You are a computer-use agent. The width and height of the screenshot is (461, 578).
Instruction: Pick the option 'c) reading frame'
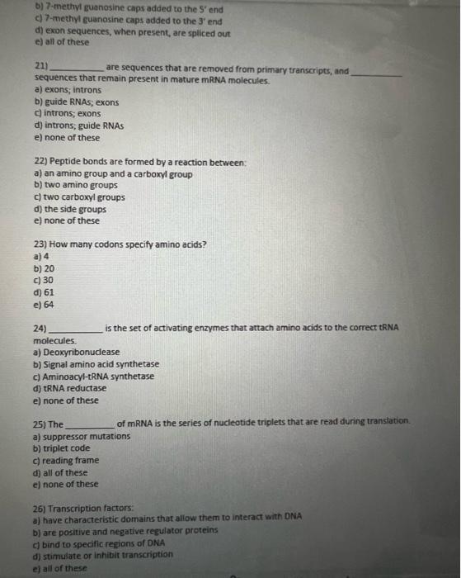click(x=66, y=460)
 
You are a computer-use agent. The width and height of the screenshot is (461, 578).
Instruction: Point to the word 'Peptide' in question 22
click(x=65, y=163)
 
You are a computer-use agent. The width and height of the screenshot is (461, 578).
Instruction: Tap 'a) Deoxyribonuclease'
click(x=76, y=353)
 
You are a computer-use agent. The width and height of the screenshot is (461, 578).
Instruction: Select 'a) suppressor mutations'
click(x=81, y=436)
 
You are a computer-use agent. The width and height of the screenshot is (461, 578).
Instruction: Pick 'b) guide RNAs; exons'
click(x=76, y=102)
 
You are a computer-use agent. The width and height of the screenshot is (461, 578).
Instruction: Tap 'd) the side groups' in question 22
click(x=69, y=209)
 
